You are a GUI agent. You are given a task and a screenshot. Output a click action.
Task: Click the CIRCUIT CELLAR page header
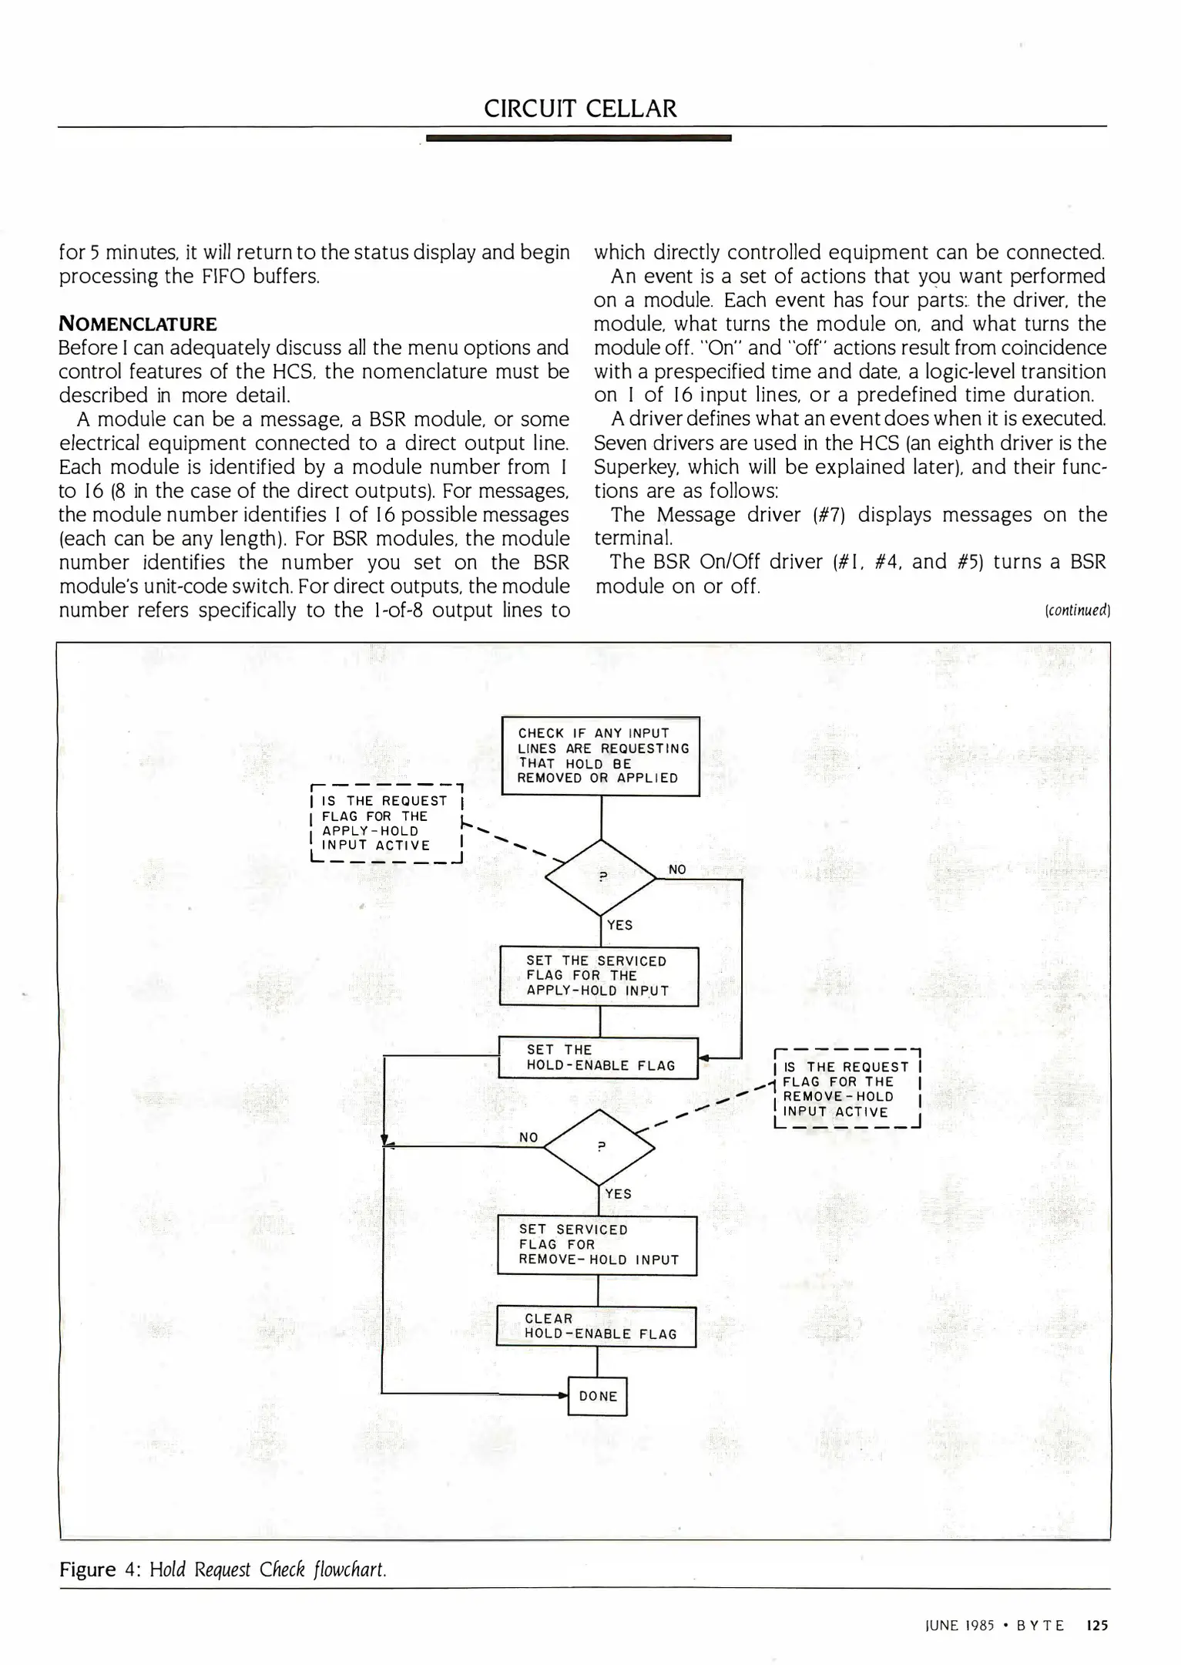click(580, 109)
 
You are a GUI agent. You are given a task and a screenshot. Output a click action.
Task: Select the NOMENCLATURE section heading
click(138, 324)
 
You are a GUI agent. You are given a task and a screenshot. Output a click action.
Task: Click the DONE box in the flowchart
click(598, 1396)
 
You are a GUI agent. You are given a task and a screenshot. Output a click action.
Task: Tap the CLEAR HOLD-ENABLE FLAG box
click(596, 1326)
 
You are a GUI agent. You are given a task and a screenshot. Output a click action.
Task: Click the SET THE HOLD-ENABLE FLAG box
click(599, 1058)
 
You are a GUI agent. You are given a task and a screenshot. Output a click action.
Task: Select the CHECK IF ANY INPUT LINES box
click(600, 755)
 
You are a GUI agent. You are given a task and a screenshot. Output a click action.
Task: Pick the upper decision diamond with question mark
click(601, 876)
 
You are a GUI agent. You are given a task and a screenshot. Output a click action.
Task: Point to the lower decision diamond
click(599, 1147)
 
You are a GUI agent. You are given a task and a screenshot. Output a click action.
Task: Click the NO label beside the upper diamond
click(677, 869)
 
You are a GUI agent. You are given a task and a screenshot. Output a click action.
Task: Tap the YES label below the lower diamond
click(618, 1194)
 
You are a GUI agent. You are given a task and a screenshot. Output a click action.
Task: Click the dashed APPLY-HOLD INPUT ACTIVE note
click(385, 823)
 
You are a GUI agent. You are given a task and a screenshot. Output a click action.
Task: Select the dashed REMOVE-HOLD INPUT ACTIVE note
click(847, 1089)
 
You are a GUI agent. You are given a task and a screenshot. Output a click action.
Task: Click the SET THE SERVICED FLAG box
click(599, 976)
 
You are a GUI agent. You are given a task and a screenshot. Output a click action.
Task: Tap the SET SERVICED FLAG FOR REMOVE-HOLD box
click(597, 1245)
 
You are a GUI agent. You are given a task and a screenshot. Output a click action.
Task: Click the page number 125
click(1096, 1626)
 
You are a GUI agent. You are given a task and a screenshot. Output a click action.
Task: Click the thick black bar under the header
click(578, 138)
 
